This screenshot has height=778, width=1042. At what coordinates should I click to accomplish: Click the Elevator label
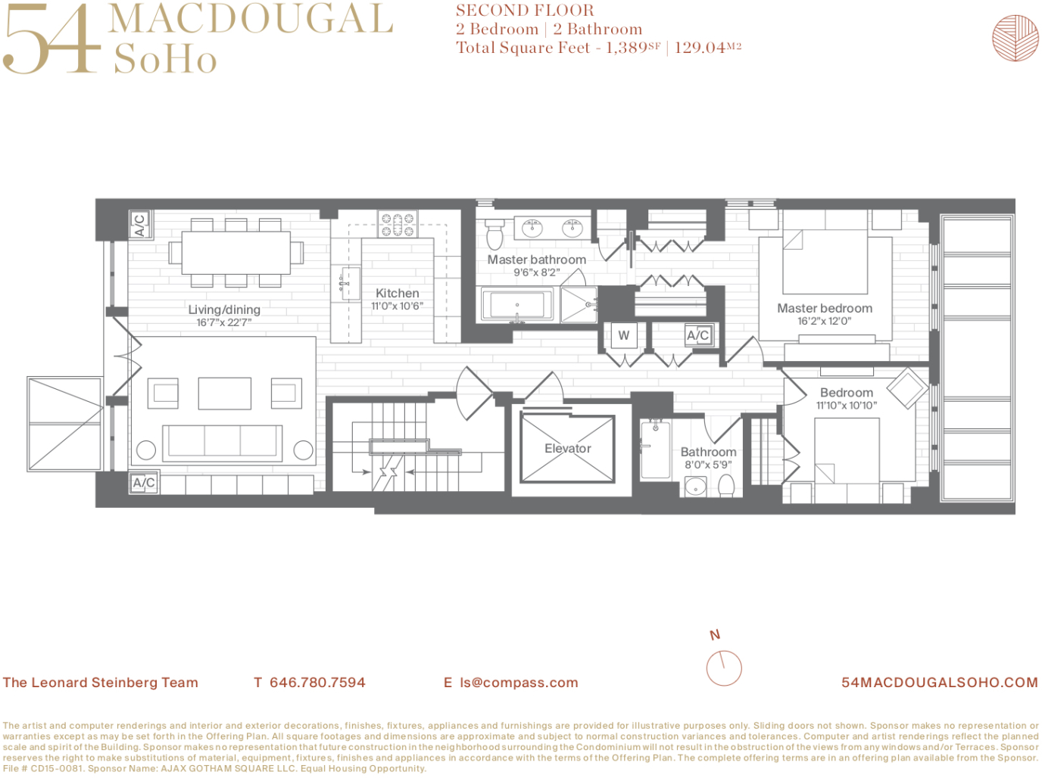[x=567, y=448]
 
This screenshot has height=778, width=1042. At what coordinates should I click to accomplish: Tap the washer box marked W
[x=623, y=335]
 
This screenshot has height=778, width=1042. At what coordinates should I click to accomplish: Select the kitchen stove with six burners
[x=398, y=224]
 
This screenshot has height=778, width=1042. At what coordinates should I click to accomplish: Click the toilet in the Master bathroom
[x=494, y=234]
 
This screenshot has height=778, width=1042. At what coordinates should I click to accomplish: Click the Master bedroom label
[x=825, y=308]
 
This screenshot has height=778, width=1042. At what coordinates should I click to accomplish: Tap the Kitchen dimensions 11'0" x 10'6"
[x=397, y=306]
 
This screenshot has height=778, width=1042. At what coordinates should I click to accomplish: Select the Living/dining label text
[x=224, y=310]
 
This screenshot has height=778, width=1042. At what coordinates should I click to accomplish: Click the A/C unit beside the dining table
[x=140, y=224]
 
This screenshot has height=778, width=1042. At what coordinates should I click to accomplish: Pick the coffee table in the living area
[x=225, y=394]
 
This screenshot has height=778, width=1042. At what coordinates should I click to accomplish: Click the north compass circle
[x=723, y=668]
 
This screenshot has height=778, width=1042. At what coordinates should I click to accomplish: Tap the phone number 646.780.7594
[x=317, y=682]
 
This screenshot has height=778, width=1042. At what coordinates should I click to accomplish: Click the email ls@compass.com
[x=519, y=682]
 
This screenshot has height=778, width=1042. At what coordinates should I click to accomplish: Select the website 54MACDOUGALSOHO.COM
[x=940, y=682]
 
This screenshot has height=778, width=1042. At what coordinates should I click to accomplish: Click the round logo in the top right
[x=1015, y=38]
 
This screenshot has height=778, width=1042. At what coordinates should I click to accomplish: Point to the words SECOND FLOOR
[x=525, y=10]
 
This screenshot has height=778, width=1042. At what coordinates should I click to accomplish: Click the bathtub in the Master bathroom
[x=517, y=304]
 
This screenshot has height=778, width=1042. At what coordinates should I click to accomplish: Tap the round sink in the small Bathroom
[x=695, y=487]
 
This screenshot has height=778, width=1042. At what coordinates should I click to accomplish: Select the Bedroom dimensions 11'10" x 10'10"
[x=847, y=406]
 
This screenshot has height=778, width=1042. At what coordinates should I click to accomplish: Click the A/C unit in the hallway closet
[x=698, y=335]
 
